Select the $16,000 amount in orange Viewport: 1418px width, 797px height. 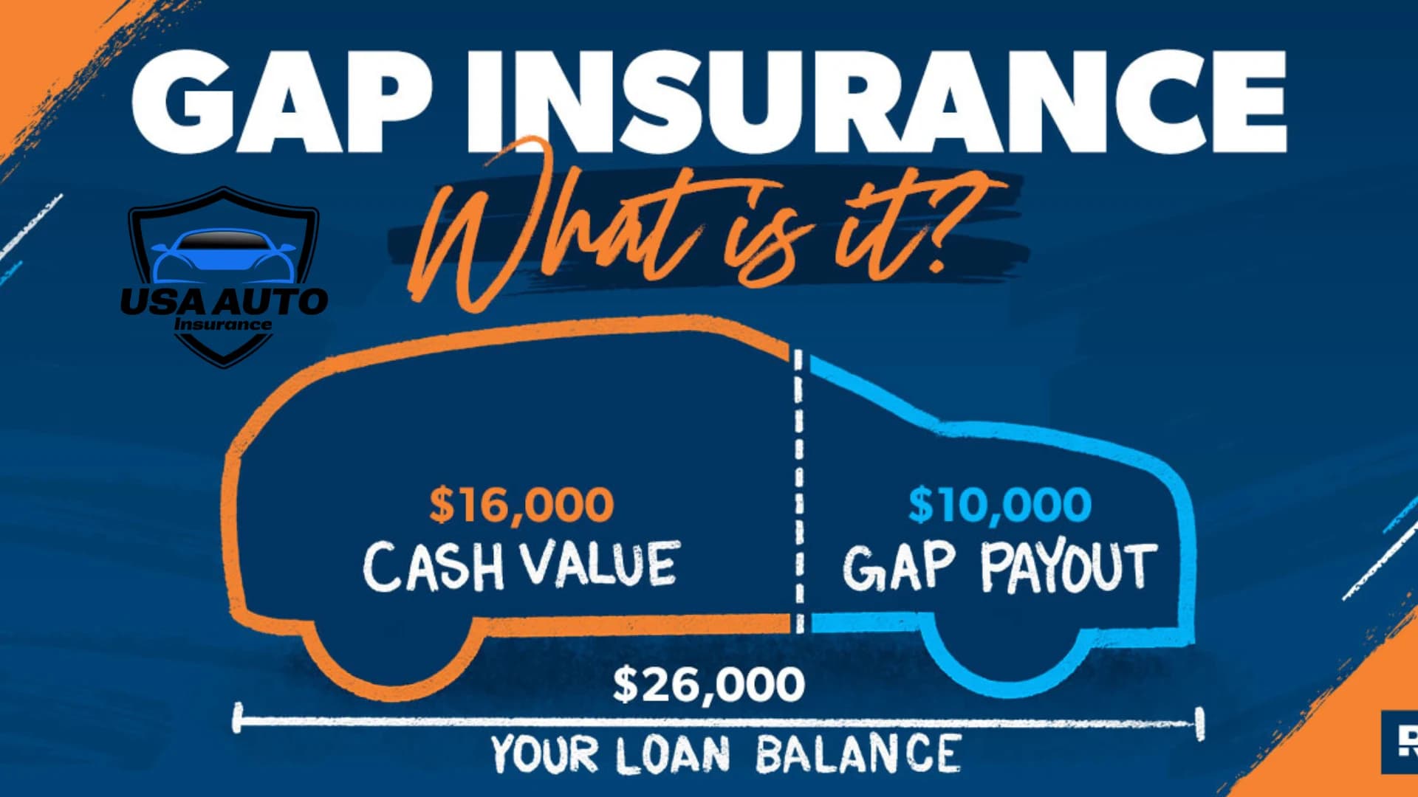click(521, 505)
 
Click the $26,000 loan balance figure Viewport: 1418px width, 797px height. click(709, 684)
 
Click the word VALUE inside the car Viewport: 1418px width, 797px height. click(600, 565)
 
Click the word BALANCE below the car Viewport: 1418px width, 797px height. click(857, 754)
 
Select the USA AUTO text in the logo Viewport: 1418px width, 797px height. click(224, 301)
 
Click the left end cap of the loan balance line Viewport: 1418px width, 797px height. click(237, 719)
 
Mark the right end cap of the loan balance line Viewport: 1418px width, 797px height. click(1199, 723)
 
